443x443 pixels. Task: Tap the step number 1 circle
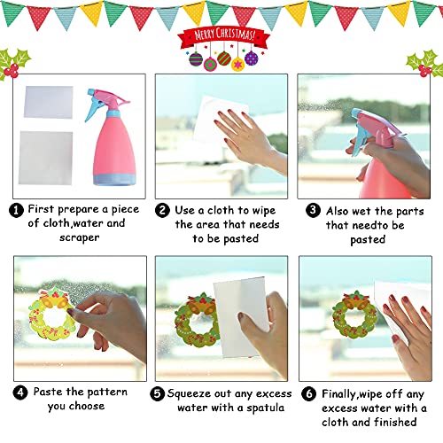pos(17,209)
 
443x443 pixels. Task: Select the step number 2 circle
pos(163,209)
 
